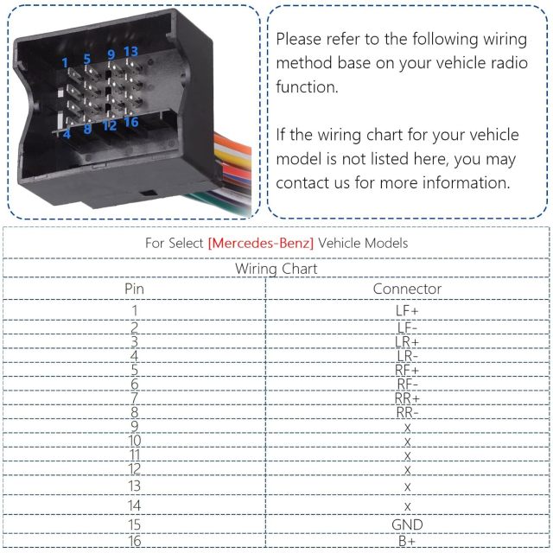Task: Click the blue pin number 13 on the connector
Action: point(130,52)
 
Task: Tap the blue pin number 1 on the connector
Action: point(65,63)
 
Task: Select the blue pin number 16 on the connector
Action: point(131,122)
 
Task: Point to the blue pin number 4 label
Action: point(67,134)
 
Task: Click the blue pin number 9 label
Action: point(111,54)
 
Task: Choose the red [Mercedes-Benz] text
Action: point(261,244)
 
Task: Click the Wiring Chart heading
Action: point(276,269)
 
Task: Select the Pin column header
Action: point(135,289)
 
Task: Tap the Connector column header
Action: point(407,289)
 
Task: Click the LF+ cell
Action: point(407,311)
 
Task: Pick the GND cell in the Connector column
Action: point(407,524)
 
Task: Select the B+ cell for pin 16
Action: point(407,541)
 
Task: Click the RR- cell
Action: point(407,412)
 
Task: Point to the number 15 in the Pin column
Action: point(135,524)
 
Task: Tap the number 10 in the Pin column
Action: point(135,441)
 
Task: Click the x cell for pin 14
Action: point(407,507)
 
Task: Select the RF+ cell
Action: point(407,370)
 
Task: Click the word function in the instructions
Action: point(307,86)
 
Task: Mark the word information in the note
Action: point(467,182)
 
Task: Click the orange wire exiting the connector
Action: point(233,142)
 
